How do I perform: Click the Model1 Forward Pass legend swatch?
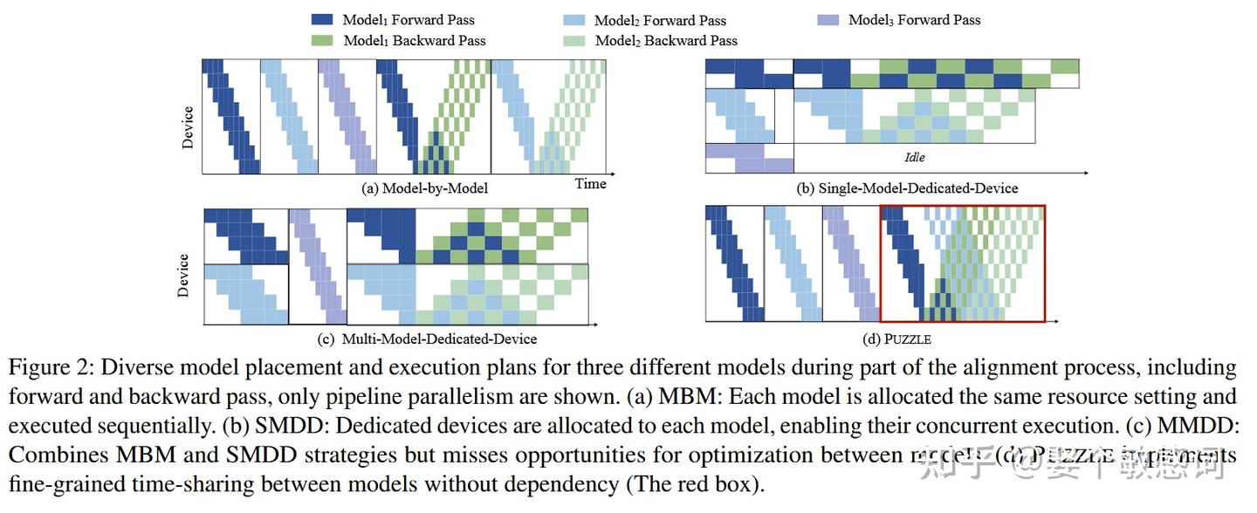point(321,19)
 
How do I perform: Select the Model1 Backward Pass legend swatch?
point(321,40)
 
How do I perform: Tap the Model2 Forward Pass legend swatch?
point(574,19)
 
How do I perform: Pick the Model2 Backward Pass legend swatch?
point(574,40)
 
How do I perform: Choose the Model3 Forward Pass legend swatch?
point(828,19)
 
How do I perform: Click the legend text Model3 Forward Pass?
point(915,19)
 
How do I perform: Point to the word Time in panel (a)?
point(590,183)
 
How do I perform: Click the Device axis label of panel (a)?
point(188,127)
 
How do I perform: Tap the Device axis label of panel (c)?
point(184,276)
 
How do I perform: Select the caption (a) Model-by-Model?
point(424,188)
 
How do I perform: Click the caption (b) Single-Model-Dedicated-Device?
point(908,188)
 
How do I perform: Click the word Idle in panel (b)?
point(914,158)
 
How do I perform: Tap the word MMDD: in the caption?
point(1199,426)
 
